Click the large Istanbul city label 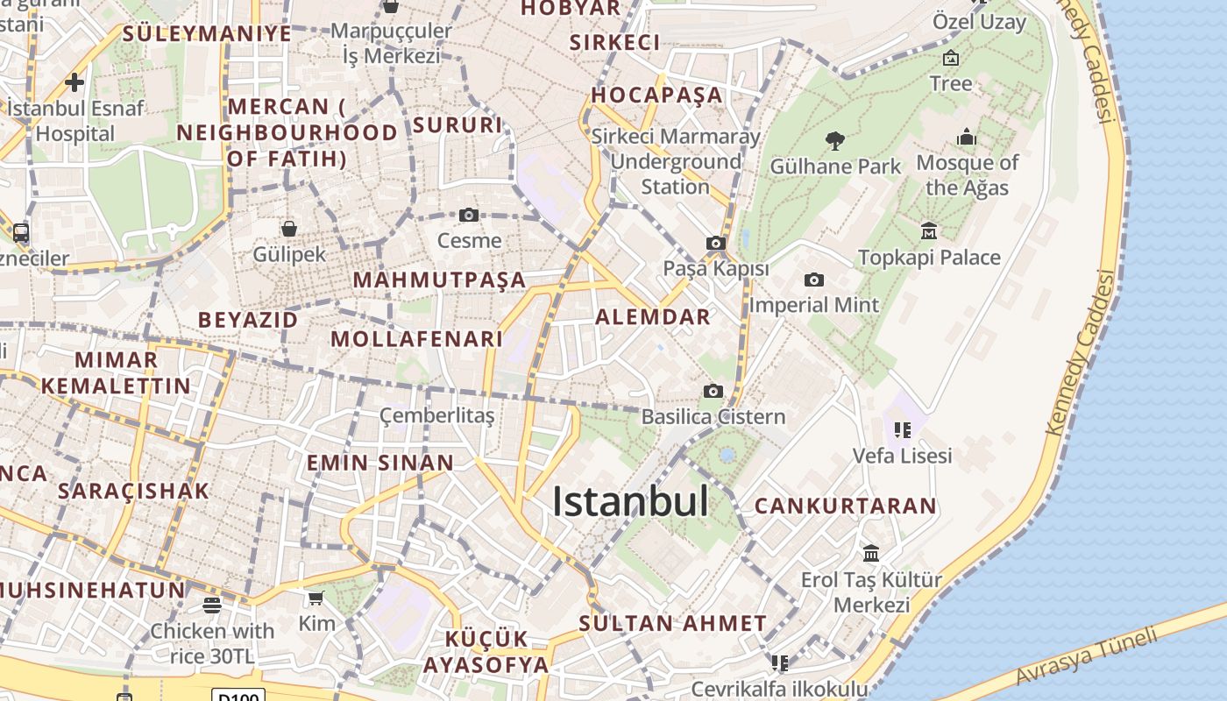(x=630, y=502)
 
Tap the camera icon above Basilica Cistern (x=713, y=391)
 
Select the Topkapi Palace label (x=929, y=258)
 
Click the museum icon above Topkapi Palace (x=929, y=231)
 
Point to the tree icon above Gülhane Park (x=835, y=140)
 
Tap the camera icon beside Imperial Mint (x=814, y=280)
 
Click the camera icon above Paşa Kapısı (x=716, y=244)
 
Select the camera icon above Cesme (x=469, y=216)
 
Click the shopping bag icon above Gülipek (x=289, y=230)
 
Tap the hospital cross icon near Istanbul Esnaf (x=74, y=82)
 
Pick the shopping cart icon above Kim (x=316, y=598)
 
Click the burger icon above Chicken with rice (x=211, y=605)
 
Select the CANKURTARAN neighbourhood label (x=845, y=506)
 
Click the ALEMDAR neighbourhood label (x=653, y=317)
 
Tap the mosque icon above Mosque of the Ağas (x=967, y=137)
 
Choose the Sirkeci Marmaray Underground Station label (x=675, y=161)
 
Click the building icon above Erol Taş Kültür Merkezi (x=871, y=554)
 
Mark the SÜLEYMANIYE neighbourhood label (x=207, y=34)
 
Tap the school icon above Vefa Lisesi (x=903, y=430)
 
